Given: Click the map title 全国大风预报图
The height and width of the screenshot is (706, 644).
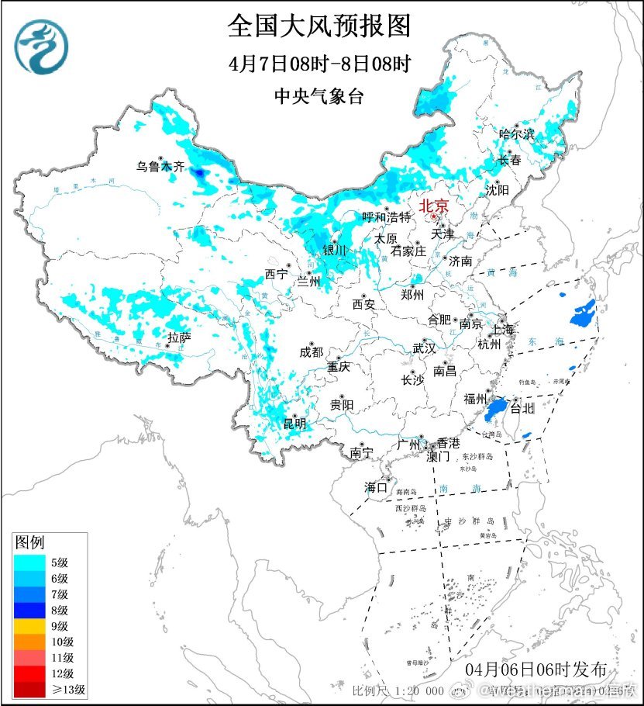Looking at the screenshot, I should click(319, 26).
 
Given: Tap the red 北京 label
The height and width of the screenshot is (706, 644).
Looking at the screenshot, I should click(433, 206).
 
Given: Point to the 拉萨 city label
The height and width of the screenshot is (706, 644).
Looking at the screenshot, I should click(179, 337).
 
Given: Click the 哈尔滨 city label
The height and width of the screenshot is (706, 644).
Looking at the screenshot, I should click(517, 134).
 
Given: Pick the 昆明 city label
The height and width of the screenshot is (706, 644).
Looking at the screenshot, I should click(294, 424).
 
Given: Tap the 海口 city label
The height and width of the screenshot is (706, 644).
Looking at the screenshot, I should click(376, 488).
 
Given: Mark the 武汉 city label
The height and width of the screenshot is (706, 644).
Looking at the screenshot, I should click(424, 348).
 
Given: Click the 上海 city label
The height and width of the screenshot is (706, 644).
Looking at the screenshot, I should click(502, 329).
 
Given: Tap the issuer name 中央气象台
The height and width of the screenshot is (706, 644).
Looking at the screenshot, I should click(319, 96).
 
